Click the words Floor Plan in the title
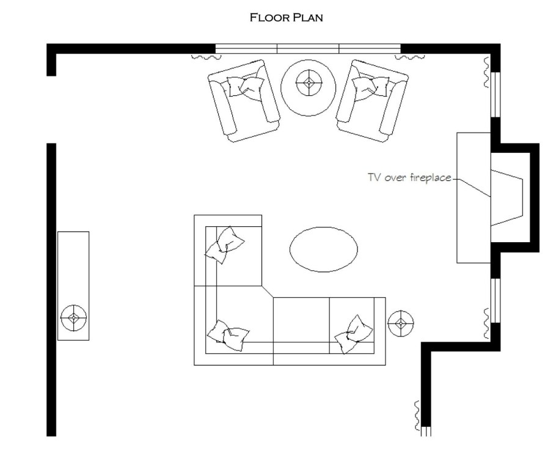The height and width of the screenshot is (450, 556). [x=286, y=17]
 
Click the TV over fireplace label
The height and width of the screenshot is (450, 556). [x=409, y=177]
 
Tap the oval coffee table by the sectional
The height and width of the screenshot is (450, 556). [x=323, y=249]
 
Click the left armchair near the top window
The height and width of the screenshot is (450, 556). [x=244, y=101]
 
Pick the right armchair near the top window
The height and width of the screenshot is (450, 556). [x=372, y=101]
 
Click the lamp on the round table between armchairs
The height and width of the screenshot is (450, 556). [x=309, y=83]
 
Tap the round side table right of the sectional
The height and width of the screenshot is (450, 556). [x=400, y=323]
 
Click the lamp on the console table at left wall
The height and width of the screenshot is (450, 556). [x=73, y=317]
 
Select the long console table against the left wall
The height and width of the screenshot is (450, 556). [x=73, y=286]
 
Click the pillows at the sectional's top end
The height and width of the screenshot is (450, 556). [x=224, y=245]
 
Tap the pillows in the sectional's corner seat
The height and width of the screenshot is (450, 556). [x=228, y=335]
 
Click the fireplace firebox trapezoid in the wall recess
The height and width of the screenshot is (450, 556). [x=507, y=197]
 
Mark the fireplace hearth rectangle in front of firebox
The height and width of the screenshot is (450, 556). [x=474, y=197]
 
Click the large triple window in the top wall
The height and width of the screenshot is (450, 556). [x=308, y=49]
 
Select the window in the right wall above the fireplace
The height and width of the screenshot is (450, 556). [x=496, y=95]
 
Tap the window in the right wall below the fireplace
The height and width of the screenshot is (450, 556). [x=496, y=301]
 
